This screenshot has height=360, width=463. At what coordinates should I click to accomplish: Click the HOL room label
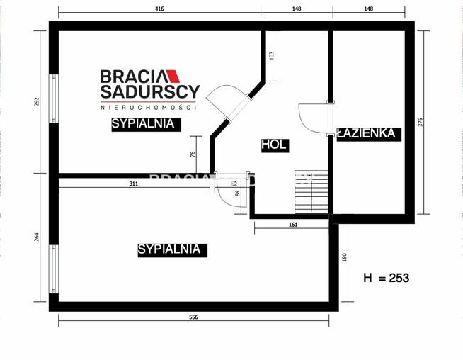click(274, 145)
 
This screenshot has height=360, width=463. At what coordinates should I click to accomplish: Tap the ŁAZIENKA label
click(369, 133)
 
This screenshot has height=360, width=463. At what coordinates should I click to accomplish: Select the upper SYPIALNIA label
click(142, 123)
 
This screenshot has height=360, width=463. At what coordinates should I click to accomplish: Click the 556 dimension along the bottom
click(193, 317)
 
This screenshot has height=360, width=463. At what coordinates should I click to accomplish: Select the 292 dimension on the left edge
click(38, 101)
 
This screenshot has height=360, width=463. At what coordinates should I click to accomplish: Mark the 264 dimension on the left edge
click(38, 237)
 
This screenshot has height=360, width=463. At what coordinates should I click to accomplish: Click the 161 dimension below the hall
click(293, 225)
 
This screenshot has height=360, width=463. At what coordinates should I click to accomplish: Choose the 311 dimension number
click(134, 184)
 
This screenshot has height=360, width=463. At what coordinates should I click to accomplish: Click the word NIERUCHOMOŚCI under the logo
click(149, 107)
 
